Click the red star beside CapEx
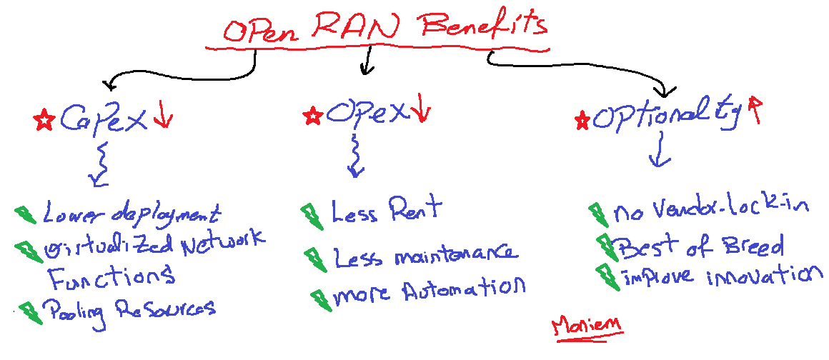tap(44, 120)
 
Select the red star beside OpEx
tap(312, 115)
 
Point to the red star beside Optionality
tap(582, 119)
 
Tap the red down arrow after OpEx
tap(421, 110)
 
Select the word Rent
tap(414, 210)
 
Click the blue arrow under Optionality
tap(659, 152)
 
